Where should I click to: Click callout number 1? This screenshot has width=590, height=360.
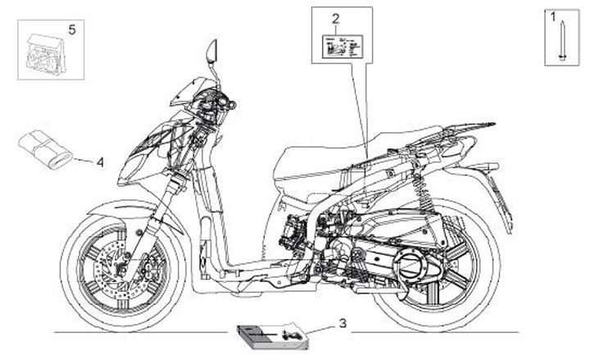click(x=552, y=16)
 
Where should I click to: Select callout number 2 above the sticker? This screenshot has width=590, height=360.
click(x=334, y=17)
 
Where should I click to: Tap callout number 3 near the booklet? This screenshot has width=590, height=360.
click(x=343, y=323)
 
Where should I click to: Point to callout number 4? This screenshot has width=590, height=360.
click(x=100, y=162)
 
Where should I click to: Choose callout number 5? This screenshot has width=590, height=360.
click(x=71, y=30)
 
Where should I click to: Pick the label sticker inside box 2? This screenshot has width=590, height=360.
click(x=338, y=46)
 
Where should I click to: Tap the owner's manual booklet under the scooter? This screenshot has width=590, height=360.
click(x=260, y=334)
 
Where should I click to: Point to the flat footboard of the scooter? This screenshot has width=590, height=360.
click(x=246, y=267)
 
